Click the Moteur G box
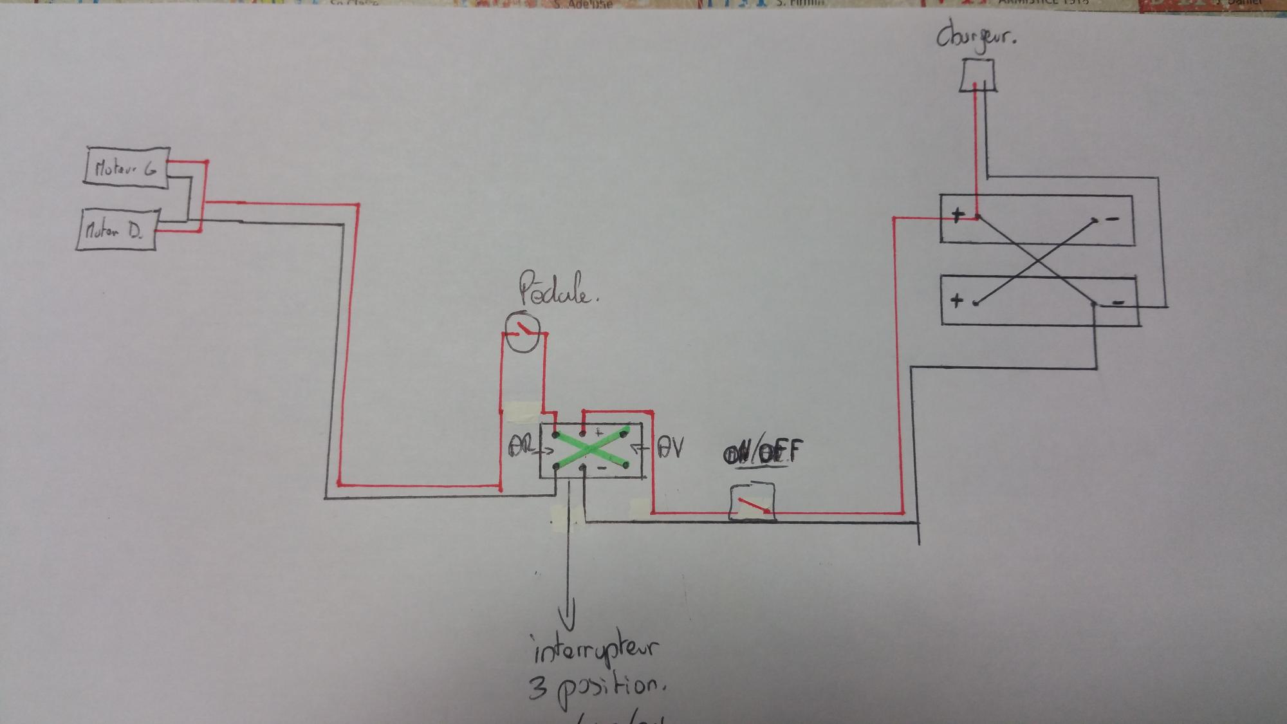tap(127, 168)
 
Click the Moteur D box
tap(116, 230)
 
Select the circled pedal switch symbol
tap(522, 332)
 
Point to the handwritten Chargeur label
tap(976, 37)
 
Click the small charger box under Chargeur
tap(977, 75)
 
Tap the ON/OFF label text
tap(764, 452)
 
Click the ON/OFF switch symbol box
tap(752, 502)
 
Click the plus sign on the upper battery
tap(958, 216)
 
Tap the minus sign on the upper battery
tap(1113, 219)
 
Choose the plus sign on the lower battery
tap(957, 299)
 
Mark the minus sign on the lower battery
tap(1118, 302)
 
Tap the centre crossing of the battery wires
tap(1036, 261)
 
